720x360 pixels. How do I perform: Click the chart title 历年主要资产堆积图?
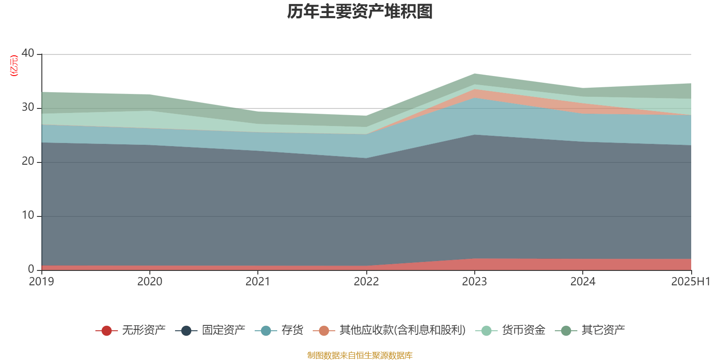click(x=360, y=12)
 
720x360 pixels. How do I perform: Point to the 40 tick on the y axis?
click(x=28, y=53)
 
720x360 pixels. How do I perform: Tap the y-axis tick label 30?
click(x=28, y=107)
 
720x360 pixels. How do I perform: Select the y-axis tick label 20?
click(x=28, y=161)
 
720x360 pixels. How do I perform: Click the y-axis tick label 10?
click(x=28, y=215)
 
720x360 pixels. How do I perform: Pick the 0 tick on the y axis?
click(x=31, y=269)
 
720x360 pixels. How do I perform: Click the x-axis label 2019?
click(x=41, y=282)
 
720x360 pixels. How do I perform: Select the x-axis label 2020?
click(x=150, y=282)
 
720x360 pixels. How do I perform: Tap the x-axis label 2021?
click(x=258, y=282)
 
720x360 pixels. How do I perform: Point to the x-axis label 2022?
click(x=366, y=282)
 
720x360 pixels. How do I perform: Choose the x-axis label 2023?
click(x=474, y=282)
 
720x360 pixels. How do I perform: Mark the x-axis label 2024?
click(x=583, y=282)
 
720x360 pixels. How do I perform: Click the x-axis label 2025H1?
click(x=690, y=282)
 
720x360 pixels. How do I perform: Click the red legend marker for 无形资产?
click(x=107, y=331)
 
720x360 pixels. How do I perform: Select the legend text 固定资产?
click(x=223, y=330)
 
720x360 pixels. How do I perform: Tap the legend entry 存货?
click(x=292, y=330)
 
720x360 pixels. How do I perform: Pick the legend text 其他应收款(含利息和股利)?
click(x=402, y=330)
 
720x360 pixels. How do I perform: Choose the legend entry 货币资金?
click(x=523, y=330)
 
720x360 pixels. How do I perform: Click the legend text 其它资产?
click(x=603, y=330)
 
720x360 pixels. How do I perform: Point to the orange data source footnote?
click(x=360, y=355)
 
